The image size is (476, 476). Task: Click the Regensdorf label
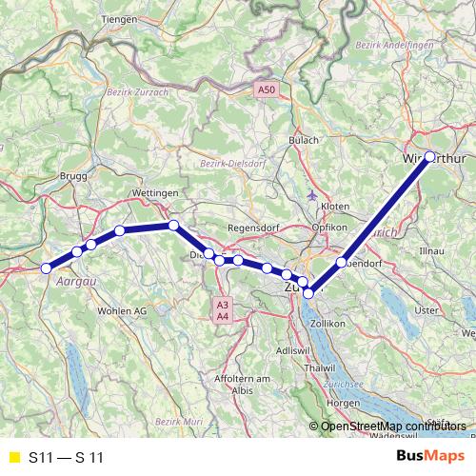256,229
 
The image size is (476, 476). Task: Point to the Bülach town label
305,140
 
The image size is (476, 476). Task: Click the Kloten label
335,206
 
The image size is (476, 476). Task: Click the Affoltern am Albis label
239,386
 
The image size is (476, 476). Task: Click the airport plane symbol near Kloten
316,195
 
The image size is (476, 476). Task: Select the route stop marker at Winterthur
429,156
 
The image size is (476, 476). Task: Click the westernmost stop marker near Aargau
46,268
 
